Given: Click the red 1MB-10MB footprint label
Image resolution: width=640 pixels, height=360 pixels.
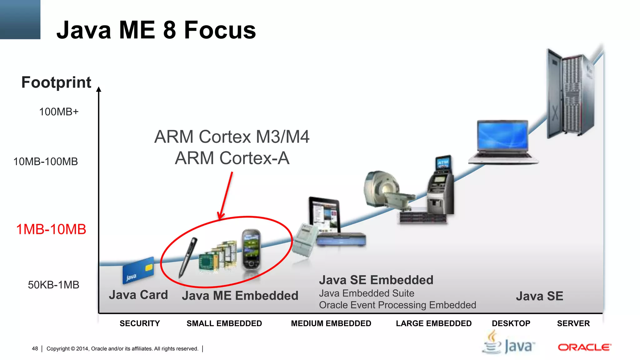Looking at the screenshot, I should click(x=51, y=229).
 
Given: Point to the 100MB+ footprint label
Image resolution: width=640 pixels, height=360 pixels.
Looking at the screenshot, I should click(x=59, y=112).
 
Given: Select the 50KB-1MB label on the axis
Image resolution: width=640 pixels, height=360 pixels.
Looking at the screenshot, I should click(x=53, y=285).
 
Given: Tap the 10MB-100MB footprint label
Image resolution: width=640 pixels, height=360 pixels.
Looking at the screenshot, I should click(x=46, y=162).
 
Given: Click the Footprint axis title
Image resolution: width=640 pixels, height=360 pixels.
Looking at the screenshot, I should click(x=56, y=82).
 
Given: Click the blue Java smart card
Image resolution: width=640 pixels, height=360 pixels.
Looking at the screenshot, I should click(x=138, y=270).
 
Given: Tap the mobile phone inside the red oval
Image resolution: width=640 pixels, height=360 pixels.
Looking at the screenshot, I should click(x=251, y=249).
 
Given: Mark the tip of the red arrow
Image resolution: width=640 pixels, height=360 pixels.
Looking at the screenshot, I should click(x=220, y=219).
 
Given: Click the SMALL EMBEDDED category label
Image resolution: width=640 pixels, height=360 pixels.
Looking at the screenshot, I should click(x=224, y=323).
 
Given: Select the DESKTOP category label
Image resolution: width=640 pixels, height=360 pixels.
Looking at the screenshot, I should click(x=511, y=323).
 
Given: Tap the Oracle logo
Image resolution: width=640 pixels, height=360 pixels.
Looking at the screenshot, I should click(x=584, y=347).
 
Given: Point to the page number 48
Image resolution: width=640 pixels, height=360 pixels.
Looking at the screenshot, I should click(x=35, y=348).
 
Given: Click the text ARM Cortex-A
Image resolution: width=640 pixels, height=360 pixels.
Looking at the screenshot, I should click(x=232, y=158).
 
